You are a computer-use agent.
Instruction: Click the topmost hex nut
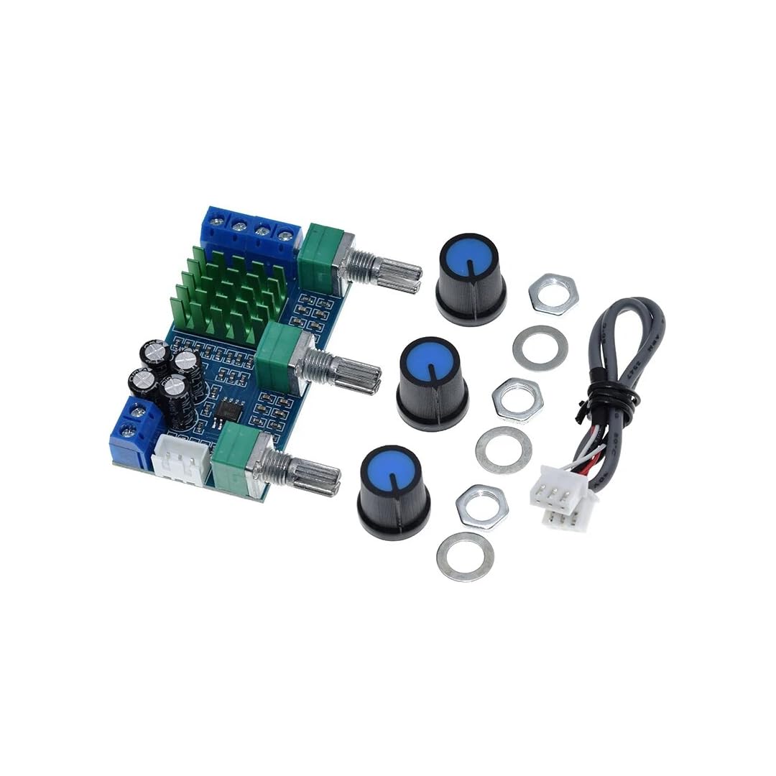click(553, 293)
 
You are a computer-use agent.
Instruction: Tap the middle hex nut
click(517, 399)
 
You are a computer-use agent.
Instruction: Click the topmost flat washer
click(540, 348)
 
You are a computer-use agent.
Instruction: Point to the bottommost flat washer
click(466, 557)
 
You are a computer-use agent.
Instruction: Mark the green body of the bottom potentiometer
click(233, 460)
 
